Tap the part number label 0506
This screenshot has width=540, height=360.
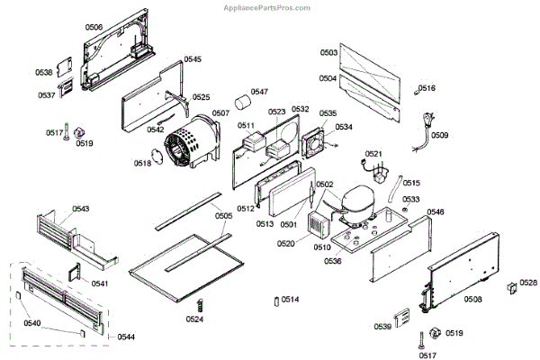point(94,28)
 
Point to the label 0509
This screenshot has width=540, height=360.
point(440,135)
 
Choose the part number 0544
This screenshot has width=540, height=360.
point(126,337)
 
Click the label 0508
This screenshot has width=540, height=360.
point(472,299)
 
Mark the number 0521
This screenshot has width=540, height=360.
point(373,154)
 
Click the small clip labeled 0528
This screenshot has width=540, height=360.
point(511,286)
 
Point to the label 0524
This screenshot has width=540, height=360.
point(195,319)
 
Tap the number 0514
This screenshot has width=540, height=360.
point(291,299)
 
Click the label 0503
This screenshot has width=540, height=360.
point(328,53)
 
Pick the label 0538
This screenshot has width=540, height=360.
point(44,72)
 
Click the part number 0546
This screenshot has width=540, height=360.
point(436,211)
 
